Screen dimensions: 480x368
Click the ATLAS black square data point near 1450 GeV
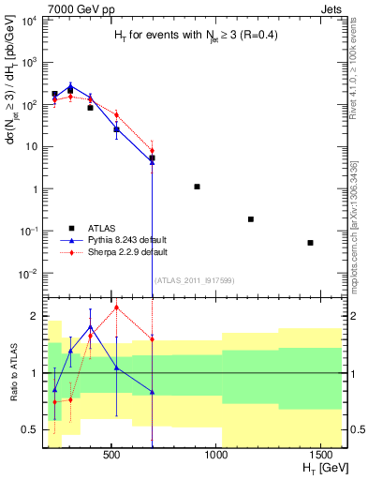(310, 243)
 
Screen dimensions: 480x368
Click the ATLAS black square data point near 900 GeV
(197, 187)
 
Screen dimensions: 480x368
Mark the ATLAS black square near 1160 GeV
(251, 219)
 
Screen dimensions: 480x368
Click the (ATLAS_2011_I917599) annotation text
(196, 281)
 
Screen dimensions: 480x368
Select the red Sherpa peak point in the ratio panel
(116, 307)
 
